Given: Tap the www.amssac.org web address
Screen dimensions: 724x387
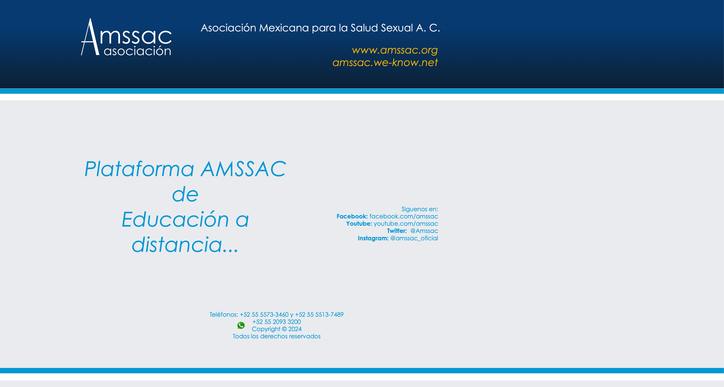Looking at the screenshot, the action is point(395,50).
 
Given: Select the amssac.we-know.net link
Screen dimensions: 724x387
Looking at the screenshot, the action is point(385,62).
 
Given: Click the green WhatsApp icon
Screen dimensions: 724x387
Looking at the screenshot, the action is point(241,325).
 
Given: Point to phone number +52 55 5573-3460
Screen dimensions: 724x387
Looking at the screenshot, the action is point(264,314).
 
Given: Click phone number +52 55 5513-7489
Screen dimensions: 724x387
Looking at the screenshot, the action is point(319,314).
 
